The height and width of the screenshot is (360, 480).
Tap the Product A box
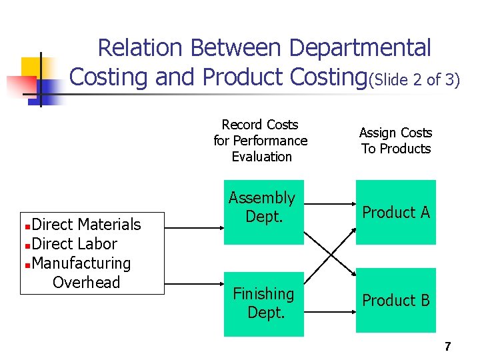click(x=395, y=212)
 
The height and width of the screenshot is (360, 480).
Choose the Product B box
click(x=395, y=300)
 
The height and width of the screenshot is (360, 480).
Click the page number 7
click(x=447, y=347)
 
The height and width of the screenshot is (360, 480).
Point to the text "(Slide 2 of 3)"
click(x=414, y=80)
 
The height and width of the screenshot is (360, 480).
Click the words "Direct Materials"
click(x=86, y=225)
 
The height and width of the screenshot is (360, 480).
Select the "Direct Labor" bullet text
click(x=74, y=244)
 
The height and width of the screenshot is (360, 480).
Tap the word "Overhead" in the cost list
click(x=86, y=283)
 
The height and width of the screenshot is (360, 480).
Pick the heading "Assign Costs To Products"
click(x=395, y=141)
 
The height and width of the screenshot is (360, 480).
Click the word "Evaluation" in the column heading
click(x=261, y=157)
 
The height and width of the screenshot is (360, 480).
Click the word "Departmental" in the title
click(x=361, y=48)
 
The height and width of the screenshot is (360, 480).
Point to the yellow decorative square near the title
click(x=32, y=67)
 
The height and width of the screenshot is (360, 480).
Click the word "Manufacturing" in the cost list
click(x=81, y=263)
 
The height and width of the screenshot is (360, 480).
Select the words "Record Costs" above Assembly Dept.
click(x=260, y=125)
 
